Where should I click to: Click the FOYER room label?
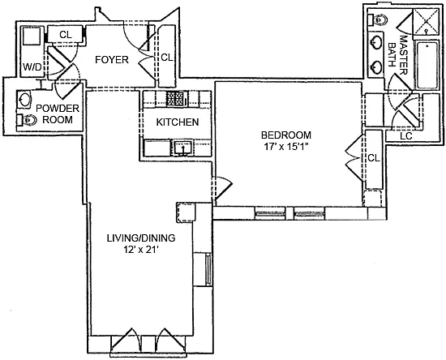[112, 60]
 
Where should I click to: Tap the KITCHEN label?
[178, 122]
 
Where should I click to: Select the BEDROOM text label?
[286, 135]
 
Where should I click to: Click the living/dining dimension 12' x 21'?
[141, 250]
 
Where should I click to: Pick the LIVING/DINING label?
[141, 238]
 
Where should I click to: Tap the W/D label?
[32, 67]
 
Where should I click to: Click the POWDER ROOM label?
[58, 114]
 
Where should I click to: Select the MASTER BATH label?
[398, 55]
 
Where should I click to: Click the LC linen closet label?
[406, 136]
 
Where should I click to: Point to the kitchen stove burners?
[176, 99]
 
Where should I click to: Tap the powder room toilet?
[27, 120]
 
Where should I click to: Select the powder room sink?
[24, 99]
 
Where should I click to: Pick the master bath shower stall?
[426, 22]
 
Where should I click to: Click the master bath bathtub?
[427, 65]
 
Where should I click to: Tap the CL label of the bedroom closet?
[374, 158]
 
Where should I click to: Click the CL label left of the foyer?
[66, 35]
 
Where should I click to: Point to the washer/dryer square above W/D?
[32, 36]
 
